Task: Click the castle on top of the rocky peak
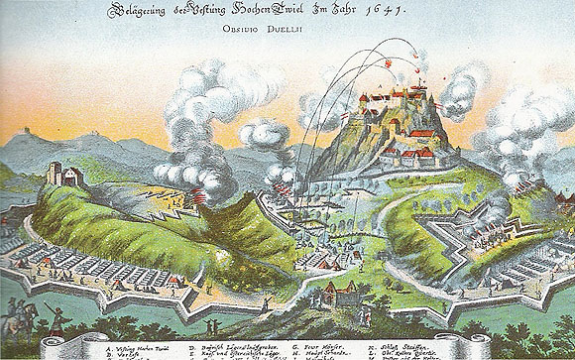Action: pyautogui.click(x=396, y=99)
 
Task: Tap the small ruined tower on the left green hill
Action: pyautogui.click(x=62, y=177)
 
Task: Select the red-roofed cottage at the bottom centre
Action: pyautogui.click(x=334, y=293)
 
